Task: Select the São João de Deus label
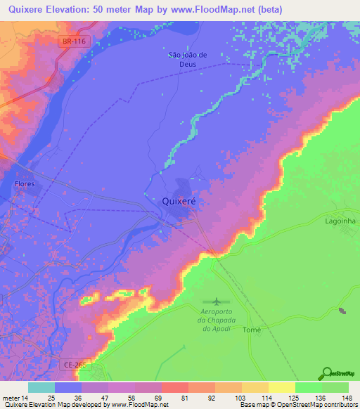pos(187,58)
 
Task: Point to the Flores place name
pos(25,184)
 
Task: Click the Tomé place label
pos(252,330)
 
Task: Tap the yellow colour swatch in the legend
pos(282,387)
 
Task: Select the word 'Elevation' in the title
pos(79,8)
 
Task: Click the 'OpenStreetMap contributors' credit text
pos(313,405)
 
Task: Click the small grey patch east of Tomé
pos(342,311)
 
